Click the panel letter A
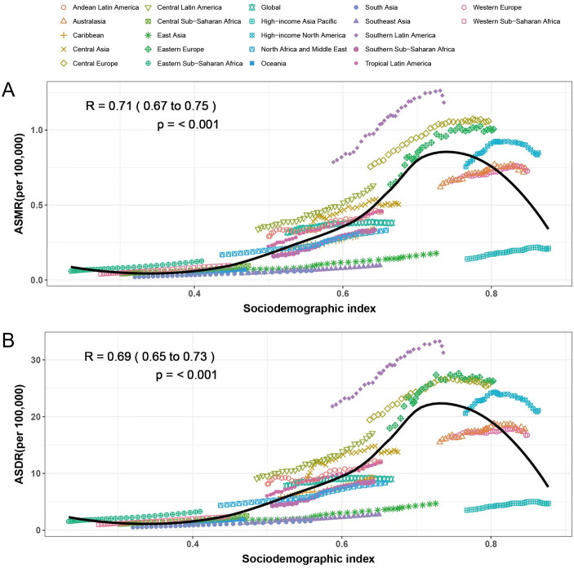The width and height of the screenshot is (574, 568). (9, 90)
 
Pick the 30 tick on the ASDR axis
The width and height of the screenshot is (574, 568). (35, 360)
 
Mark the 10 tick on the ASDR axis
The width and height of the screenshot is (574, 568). (35, 473)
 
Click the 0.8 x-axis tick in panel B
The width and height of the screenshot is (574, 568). (491, 543)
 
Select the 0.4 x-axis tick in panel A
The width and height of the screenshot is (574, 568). (195, 293)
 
